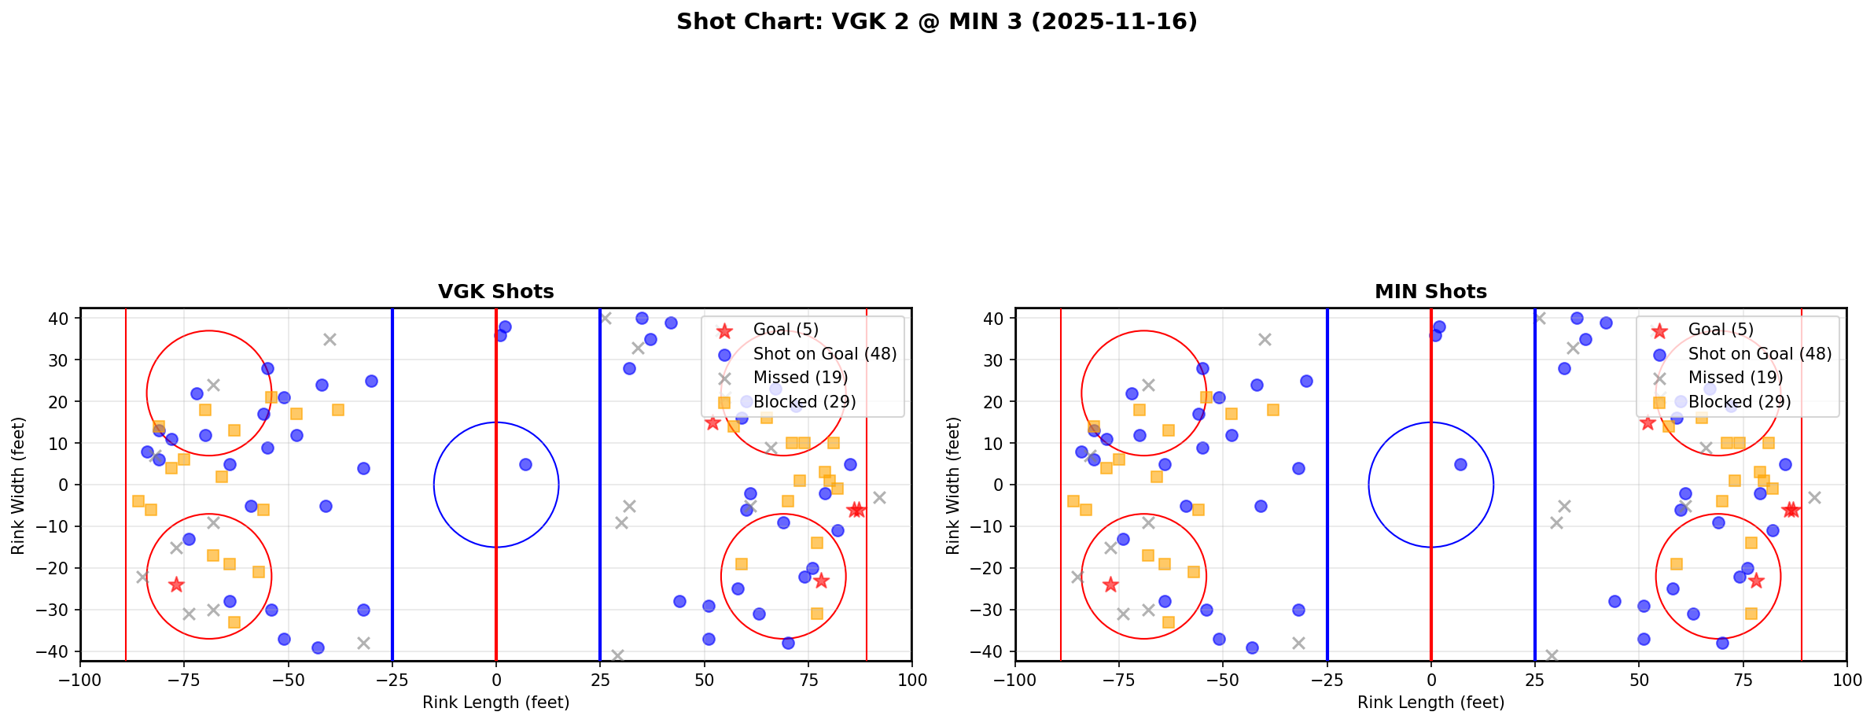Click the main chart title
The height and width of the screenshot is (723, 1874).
937,22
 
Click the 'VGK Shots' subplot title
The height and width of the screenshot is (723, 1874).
495,292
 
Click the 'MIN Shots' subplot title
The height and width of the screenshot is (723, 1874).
1430,292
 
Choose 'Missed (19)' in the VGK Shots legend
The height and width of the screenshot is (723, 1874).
800,378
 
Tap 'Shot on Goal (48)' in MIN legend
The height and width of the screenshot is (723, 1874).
1759,354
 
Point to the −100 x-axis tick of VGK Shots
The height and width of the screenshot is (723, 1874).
80,680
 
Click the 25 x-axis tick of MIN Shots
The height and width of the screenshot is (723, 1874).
1534,680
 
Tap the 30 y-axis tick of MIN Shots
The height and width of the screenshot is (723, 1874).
995,360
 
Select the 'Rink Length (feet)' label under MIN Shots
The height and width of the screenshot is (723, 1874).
1430,703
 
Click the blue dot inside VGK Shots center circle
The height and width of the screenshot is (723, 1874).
525,464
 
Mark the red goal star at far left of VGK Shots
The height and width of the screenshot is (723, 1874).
176,585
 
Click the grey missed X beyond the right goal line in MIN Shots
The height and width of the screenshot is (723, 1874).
1814,497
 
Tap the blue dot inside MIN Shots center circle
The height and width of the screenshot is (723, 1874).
1460,464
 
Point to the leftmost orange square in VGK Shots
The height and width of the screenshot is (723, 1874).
138,501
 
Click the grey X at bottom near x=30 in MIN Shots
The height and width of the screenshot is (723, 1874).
1552,655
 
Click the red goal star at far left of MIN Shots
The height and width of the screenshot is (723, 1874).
1110,585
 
